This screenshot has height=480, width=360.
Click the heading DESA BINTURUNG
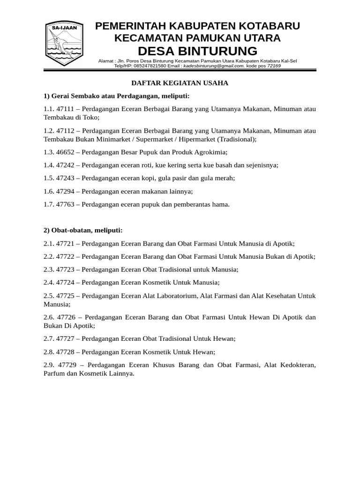(197, 51)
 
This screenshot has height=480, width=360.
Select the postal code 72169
(274, 66)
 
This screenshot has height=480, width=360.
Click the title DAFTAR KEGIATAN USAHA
(179, 83)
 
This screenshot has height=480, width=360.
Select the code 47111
(65, 109)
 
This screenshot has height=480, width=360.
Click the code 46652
(65, 152)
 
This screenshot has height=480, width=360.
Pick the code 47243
(65, 178)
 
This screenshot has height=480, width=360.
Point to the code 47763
(65, 204)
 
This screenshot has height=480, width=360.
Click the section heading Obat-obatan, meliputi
(83, 230)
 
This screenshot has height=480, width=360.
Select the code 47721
(65, 243)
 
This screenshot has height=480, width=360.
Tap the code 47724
(65, 282)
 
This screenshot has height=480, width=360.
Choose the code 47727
(65, 338)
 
